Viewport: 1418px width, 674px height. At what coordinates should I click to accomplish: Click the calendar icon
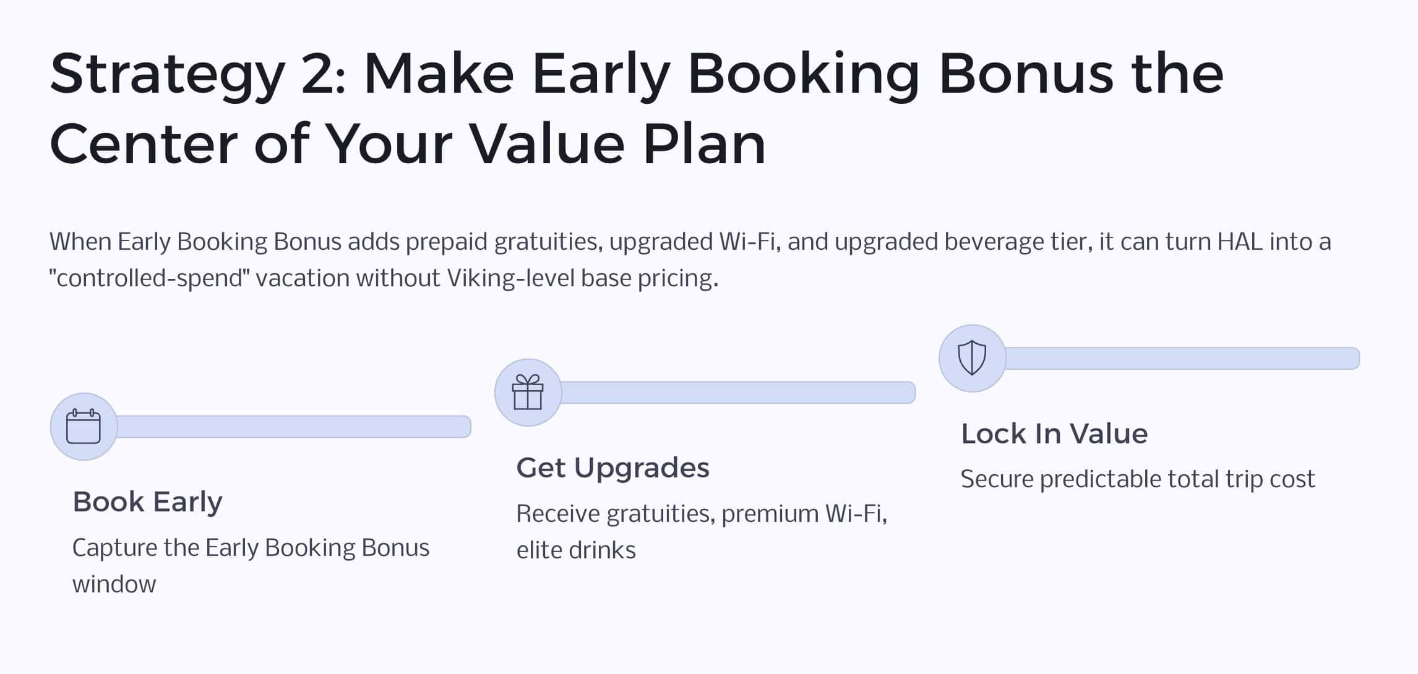click(84, 427)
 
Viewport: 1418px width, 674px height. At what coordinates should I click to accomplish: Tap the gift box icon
click(528, 392)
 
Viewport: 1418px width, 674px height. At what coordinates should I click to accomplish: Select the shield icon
click(972, 358)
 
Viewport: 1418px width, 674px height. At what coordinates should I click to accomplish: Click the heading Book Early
click(147, 501)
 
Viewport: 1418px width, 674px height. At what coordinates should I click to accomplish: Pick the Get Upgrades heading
click(613, 468)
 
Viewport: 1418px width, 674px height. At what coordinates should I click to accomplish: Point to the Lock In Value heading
click(1054, 434)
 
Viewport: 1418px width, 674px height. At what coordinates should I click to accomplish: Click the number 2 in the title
click(319, 74)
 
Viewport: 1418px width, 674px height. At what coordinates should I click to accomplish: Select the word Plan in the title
click(705, 144)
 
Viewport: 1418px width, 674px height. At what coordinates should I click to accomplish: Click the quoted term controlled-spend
click(149, 278)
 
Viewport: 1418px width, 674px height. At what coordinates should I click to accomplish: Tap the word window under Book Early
click(114, 584)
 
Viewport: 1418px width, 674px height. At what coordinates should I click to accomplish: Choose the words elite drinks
click(576, 550)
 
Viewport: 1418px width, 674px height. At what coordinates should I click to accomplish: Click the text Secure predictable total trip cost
click(1138, 480)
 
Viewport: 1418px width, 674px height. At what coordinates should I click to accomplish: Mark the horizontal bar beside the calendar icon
click(294, 427)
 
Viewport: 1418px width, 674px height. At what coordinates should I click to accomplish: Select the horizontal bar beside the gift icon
click(738, 393)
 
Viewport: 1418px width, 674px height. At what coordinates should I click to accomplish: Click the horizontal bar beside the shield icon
click(1182, 359)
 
